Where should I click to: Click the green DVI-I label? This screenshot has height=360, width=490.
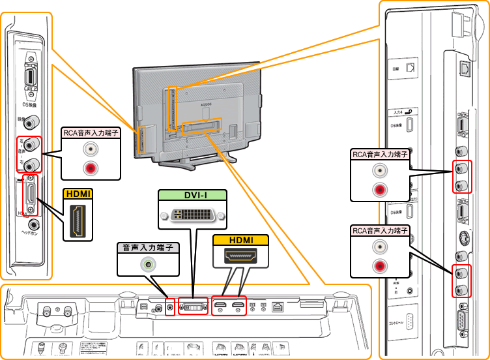pyautogui.click(x=192, y=194)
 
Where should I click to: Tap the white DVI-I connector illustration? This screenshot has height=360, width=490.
pyautogui.click(x=192, y=214)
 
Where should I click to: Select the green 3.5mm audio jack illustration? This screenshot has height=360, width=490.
pyautogui.click(x=150, y=265)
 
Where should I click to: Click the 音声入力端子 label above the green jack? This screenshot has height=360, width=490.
pyautogui.click(x=148, y=248)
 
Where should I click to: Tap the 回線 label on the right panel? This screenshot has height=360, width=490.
pyautogui.click(x=394, y=68)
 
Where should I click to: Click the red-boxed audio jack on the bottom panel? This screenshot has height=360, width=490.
pyautogui.click(x=171, y=306)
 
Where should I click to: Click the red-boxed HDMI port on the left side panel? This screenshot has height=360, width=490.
pyautogui.click(x=29, y=196)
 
